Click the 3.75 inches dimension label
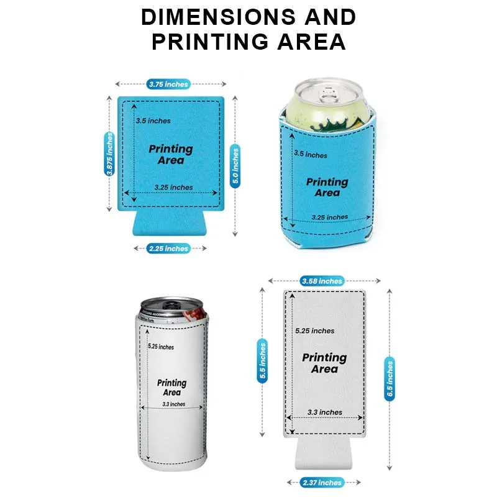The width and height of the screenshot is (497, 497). [168, 84]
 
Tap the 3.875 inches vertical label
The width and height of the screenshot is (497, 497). [110, 155]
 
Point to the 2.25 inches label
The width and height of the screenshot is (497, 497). [168, 248]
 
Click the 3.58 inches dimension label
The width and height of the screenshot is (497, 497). [322, 281]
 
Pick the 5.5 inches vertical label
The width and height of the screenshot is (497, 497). [262, 361]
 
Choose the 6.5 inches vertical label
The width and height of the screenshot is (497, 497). [390, 380]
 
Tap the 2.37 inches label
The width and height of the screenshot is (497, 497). [323, 483]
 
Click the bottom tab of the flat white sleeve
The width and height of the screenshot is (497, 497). [322, 454]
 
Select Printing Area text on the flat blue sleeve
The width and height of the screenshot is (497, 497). [171, 155]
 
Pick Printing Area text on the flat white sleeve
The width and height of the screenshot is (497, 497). [324, 363]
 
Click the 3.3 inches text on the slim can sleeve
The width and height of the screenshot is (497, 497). [173, 404]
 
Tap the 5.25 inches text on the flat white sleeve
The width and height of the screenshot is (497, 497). [315, 331]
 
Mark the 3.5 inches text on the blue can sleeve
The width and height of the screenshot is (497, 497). [311, 154]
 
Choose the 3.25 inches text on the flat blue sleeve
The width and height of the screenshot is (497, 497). [173, 187]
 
